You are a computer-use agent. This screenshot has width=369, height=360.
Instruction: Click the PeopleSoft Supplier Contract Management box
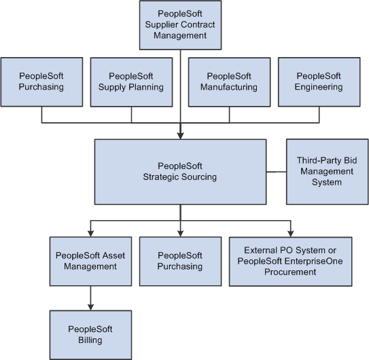pyautogui.click(x=180, y=24)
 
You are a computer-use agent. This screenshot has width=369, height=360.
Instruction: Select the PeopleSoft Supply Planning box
pyautogui.click(x=131, y=82)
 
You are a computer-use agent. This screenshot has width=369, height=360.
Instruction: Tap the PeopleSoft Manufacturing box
pyautogui.click(x=229, y=82)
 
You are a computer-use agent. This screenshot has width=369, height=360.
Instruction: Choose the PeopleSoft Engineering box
pyautogui.click(x=319, y=82)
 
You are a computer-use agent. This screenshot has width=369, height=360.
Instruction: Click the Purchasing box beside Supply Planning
pyautogui.click(x=41, y=82)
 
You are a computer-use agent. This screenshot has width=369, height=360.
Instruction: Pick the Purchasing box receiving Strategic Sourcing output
pyautogui.click(x=180, y=261)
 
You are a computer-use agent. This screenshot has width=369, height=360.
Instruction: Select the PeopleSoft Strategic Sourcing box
pyautogui.click(x=180, y=171)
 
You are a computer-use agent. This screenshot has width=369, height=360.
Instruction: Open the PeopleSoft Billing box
pyautogui.click(x=90, y=334)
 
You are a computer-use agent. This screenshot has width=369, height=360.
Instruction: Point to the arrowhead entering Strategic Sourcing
pyautogui.click(x=180, y=135)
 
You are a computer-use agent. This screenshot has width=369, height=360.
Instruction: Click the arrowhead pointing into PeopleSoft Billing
pyautogui.click(x=90, y=306)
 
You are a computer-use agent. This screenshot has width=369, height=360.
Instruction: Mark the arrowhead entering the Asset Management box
pyautogui.click(x=90, y=232)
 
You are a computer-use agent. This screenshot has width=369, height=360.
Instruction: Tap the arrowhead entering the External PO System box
pyautogui.click(x=291, y=232)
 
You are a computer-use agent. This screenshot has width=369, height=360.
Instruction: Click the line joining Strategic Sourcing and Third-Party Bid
pyautogui.click(x=276, y=171)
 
